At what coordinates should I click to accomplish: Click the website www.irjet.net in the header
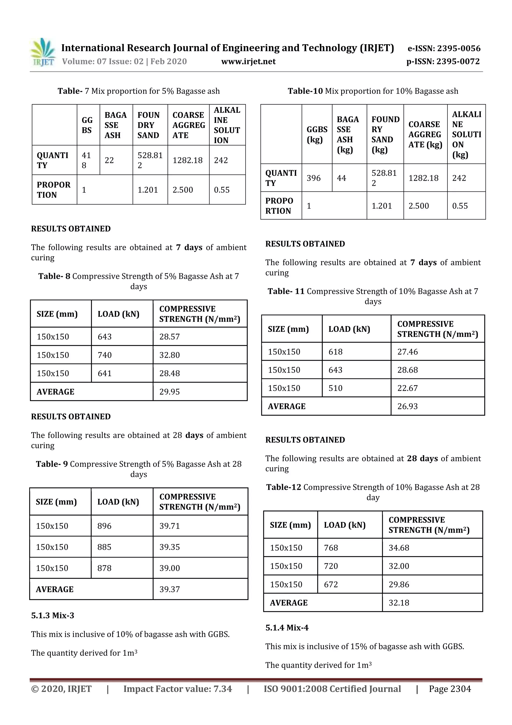pyautogui.click(x=248, y=62)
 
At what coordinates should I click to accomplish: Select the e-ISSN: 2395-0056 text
pyautogui.click(x=444, y=48)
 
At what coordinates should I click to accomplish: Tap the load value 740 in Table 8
pyautogui.click(x=105, y=355)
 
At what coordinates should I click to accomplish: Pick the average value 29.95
pyautogui.click(x=169, y=392)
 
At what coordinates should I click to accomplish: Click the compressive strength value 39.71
pyautogui.click(x=169, y=526)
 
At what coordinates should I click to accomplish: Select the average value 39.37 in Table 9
pyautogui.click(x=169, y=589)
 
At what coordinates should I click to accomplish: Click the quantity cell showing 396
pyautogui.click(x=313, y=178)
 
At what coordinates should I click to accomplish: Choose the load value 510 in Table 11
pyautogui.click(x=335, y=388)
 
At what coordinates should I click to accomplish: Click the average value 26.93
pyautogui.click(x=407, y=406)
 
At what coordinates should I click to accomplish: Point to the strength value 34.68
pyautogui.click(x=399, y=548)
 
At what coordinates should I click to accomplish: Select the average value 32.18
pyautogui.click(x=399, y=603)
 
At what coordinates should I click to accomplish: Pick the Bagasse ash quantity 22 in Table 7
pyautogui.click(x=109, y=160)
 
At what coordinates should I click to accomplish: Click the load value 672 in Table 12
pyautogui.click(x=331, y=585)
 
